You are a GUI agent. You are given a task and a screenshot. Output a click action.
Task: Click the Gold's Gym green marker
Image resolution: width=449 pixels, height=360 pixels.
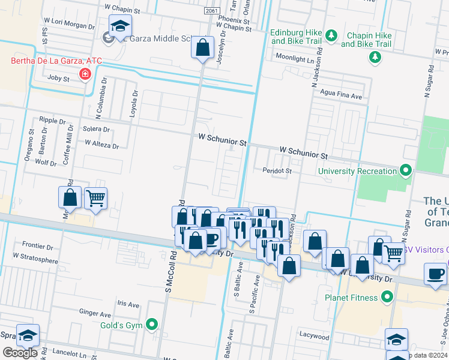(152, 325)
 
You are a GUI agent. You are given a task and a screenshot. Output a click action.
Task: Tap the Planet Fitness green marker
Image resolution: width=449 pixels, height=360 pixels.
(387, 297)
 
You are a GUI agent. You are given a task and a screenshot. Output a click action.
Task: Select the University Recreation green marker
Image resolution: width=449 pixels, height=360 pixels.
(406, 171)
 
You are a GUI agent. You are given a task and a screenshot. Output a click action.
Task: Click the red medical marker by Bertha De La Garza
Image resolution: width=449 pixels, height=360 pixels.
(85, 74)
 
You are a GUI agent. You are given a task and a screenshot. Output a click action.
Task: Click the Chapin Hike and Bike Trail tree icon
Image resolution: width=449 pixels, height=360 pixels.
(375, 57)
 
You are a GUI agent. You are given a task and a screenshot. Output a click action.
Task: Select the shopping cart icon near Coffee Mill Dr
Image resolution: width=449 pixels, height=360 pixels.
(95, 198)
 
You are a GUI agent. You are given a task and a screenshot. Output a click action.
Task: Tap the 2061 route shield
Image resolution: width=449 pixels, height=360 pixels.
(211, 11)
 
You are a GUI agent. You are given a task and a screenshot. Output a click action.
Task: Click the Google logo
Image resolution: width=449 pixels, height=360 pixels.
(20, 353)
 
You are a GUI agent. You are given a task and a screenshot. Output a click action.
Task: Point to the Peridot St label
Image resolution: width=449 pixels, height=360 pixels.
(277, 171)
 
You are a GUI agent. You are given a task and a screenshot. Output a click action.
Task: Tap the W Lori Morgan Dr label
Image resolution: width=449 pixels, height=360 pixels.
(70, 27)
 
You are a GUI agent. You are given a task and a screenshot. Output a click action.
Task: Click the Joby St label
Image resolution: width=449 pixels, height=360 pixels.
(59, 78)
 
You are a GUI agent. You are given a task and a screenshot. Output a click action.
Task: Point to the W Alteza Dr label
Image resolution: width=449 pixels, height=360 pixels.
(102, 144)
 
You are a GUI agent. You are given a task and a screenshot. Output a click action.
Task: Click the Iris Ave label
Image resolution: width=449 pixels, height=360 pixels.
(128, 304)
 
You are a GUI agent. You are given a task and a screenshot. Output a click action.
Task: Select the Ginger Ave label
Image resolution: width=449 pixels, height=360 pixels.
(95, 313)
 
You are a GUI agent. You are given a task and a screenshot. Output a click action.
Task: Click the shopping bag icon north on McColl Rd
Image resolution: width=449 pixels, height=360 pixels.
(203, 47)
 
